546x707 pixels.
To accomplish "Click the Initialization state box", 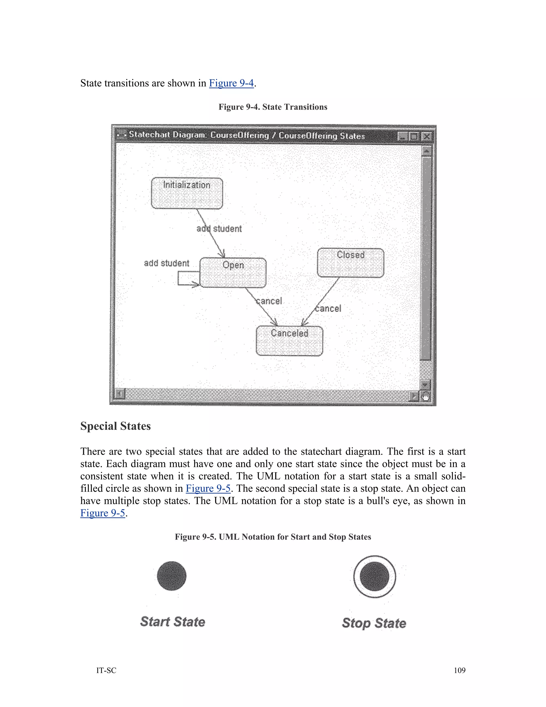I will click(x=187, y=193).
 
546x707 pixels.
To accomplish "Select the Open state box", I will click(x=233, y=273).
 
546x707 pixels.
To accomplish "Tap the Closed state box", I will click(x=351, y=263).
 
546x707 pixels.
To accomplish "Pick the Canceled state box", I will click(x=289, y=341).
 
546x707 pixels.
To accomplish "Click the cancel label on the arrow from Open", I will click(x=269, y=301).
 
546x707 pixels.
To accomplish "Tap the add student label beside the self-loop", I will click(x=166, y=263).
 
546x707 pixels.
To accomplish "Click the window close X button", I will click(x=427, y=136).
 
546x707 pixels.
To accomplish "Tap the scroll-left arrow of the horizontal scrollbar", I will click(x=120, y=394).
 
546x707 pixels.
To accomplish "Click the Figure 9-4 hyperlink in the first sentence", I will click(x=231, y=83).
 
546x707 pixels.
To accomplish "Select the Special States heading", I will click(x=115, y=426).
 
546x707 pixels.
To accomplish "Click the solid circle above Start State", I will click(x=171, y=576).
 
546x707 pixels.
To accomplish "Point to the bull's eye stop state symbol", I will click(x=374, y=577).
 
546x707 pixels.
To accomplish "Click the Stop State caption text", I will click(x=374, y=623).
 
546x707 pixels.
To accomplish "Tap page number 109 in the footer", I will click(x=459, y=670).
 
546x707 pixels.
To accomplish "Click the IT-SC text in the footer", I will click(x=106, y=670).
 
